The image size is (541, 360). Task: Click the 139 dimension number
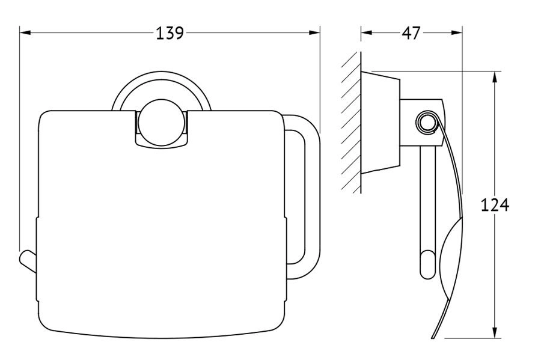coord(170,33)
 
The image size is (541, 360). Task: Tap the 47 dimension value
coord(411,33)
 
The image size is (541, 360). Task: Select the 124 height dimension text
coord(495,205)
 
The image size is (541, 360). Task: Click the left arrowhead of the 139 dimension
coord(25,33)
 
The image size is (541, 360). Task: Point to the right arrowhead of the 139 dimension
coord(314,33)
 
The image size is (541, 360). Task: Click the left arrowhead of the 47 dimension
coord(367,33)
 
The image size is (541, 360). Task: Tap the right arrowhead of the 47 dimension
coord(456,33)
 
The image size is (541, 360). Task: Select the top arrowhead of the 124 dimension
coord(495,78)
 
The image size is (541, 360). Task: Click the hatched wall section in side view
coord(351,123)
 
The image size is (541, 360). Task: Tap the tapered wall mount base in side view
coord(381,123)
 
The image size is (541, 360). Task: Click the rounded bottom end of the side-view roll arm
coord(427,265)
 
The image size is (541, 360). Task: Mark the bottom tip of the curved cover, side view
coord(433,338)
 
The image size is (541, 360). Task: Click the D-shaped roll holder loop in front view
coord(301,195)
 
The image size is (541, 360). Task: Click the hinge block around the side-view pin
coord(423,123)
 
